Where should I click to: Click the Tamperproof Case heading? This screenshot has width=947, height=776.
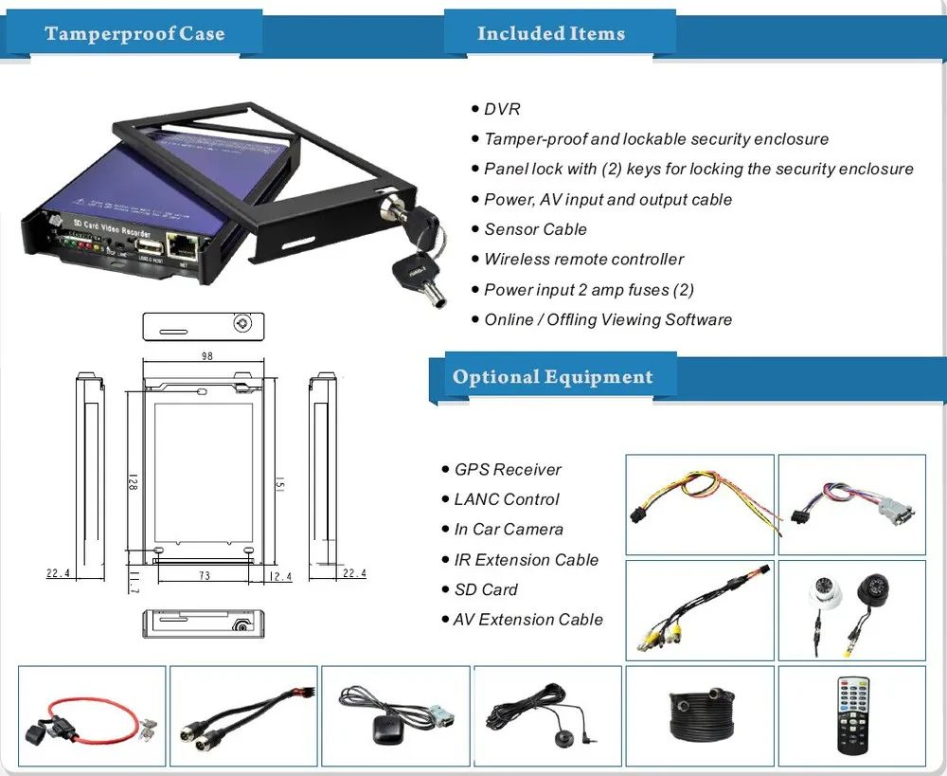pos(134,34)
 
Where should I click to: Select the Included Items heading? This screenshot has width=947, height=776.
pos(550,34)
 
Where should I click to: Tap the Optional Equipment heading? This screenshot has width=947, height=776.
pos(552,377)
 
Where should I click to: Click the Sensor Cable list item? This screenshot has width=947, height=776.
pos(535,229)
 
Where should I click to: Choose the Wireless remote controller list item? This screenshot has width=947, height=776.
pos(583,259)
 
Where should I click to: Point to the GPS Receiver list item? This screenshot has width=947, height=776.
pos(508,469)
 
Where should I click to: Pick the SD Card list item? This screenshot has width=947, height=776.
pos(486,589)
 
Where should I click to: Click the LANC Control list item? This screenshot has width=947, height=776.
pos(507,499)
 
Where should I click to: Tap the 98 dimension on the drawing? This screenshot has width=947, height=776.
pos(207,356)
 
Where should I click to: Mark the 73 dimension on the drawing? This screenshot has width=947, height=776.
pos(204,576)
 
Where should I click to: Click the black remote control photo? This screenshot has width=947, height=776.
pos(851,715)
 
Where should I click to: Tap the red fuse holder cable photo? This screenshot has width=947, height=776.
pos(92,715)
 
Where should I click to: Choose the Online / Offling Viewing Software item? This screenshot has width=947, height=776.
pos(608,319)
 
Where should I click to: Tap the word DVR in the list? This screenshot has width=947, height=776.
pos(502,109)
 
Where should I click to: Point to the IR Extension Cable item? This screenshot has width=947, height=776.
pos(527,560)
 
